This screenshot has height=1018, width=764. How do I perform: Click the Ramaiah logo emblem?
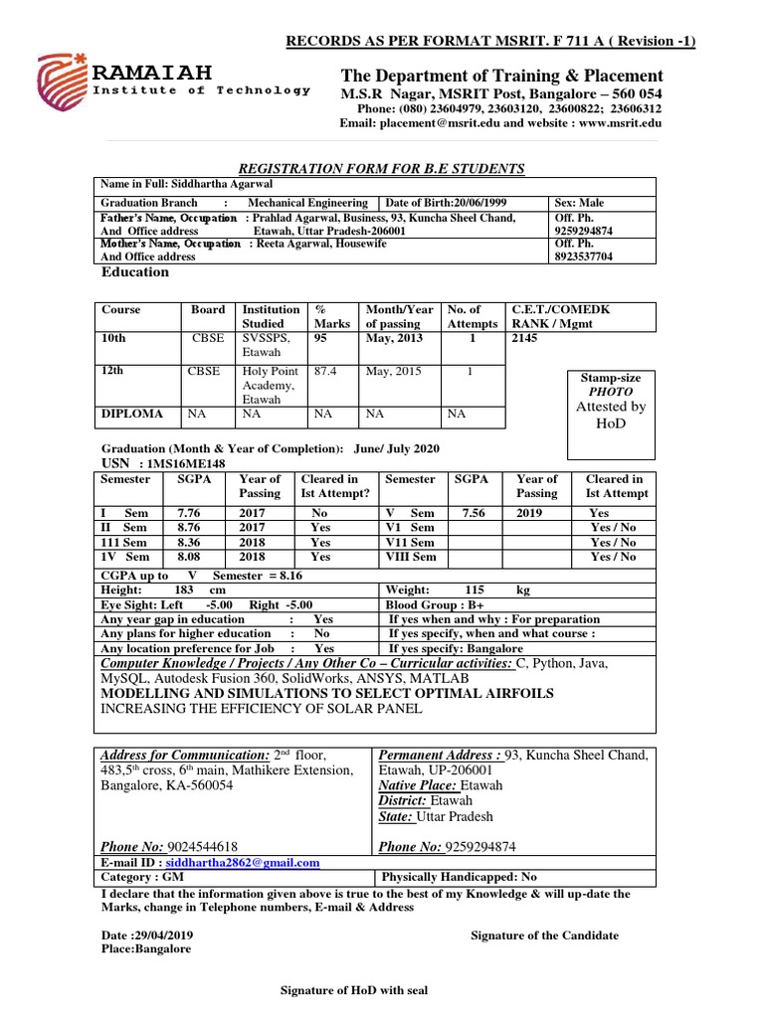[63, 81]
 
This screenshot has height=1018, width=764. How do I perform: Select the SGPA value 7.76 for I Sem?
[189, 513]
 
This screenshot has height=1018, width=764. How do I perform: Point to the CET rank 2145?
[525, 338]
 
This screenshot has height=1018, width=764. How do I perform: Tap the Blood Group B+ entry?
[435, 603]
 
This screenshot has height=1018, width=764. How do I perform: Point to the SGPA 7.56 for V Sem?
[471, 513]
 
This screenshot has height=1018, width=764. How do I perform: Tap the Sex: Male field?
[579, 203]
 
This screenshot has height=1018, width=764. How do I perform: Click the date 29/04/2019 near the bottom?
[163, 935]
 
